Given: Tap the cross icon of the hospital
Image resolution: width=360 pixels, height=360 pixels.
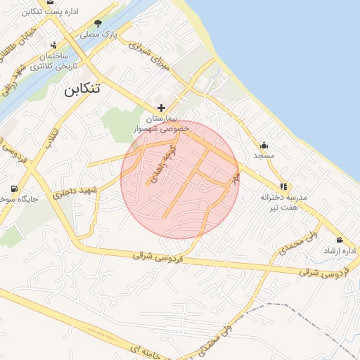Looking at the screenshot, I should [162, 108].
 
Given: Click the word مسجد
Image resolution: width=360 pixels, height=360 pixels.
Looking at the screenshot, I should [264, 155].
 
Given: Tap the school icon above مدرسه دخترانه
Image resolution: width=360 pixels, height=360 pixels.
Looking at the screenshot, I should [283, 187].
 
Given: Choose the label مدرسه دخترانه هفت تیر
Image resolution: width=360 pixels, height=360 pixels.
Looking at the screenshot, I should [280, 202].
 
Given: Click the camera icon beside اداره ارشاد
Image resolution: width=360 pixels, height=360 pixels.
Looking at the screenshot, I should [340, 240].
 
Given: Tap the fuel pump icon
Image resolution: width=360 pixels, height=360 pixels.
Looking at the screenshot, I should [15, 189].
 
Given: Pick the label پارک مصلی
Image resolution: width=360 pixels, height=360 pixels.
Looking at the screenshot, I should [98, 34].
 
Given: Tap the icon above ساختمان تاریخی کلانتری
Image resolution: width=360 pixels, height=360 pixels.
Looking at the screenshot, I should [53, 45].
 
